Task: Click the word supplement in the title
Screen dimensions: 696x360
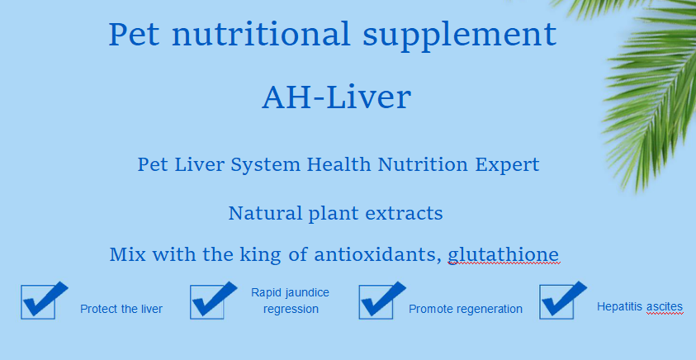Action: (459, 35)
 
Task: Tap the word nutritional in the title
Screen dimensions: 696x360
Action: (261, 34)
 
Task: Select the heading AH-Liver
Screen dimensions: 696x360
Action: (337, 97)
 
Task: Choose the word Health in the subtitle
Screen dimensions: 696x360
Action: (339, 164)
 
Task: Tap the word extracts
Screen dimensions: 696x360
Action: (404, 214)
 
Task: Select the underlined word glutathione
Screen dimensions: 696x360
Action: (504, 255)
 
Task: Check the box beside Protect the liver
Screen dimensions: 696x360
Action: (38, 302)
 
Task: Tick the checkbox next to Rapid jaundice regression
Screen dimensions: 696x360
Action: (207, 302)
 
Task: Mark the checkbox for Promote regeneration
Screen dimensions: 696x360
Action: (376, 302)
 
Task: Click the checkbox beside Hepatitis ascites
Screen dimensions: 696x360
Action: (556, 302)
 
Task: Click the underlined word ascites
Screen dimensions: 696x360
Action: (665, 306)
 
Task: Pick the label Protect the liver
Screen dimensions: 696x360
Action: (121, 309)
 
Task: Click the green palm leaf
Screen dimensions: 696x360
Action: (652, 89)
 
